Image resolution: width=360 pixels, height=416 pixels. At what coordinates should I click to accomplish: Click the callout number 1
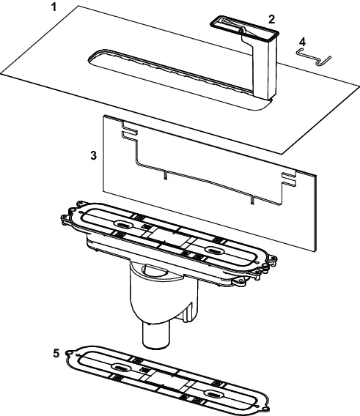pos(54,7)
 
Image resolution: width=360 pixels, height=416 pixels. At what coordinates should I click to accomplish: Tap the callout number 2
pos(271,19)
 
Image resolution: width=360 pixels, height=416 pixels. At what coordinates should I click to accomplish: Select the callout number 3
pos(93,155)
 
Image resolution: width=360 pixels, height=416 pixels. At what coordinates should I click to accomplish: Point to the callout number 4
pos(302,42)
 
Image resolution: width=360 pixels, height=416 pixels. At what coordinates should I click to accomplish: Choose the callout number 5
pos(56,354)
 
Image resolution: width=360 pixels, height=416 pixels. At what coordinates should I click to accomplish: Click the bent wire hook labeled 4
pos(314,56)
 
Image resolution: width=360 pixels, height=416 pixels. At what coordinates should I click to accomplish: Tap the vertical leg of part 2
pos(265,67)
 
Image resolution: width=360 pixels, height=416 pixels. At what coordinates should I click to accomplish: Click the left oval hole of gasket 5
pos(121,367)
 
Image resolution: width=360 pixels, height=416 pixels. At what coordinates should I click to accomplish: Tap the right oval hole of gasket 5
pos(214,394)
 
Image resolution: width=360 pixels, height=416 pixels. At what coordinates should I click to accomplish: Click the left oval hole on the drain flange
pos(123,224)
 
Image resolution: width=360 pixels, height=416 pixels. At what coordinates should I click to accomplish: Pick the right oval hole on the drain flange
pos(215,250)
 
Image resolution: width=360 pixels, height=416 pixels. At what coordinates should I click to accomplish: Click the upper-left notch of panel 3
pos(129,131)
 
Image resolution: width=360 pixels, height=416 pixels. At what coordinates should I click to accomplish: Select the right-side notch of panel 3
pos(289,179)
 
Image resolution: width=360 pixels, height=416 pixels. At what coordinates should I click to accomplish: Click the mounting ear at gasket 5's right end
pos(265,408)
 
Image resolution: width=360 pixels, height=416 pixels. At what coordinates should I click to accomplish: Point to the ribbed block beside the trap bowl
pos(190,313)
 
